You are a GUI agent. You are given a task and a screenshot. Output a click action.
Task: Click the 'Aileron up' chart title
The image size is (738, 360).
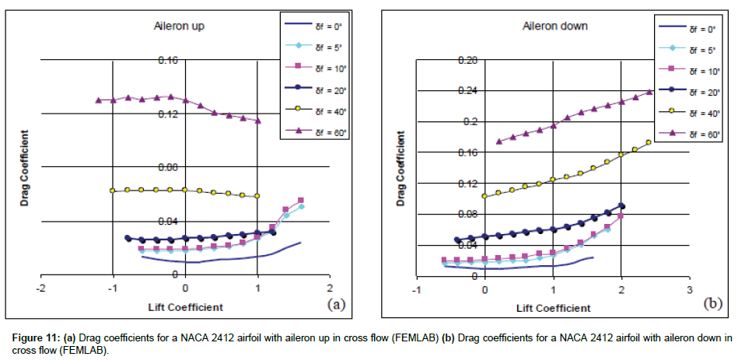tap(180, 26)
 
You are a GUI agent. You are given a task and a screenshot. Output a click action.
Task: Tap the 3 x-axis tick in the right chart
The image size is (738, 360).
tap(689, 289)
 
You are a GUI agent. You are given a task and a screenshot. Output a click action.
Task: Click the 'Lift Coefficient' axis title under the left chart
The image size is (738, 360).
tap(185, 306)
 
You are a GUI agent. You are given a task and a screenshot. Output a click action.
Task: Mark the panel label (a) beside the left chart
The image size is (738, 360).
tap(336, 304)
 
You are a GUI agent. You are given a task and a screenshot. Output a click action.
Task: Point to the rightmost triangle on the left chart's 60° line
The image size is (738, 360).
tap(257, 121)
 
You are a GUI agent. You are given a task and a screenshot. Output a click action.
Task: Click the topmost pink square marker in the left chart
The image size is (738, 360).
tap(301, 201)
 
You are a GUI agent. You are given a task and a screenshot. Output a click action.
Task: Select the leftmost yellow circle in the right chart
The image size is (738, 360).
tap(485, 196)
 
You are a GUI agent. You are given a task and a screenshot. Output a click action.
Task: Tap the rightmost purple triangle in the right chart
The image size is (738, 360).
tap(650, 92)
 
